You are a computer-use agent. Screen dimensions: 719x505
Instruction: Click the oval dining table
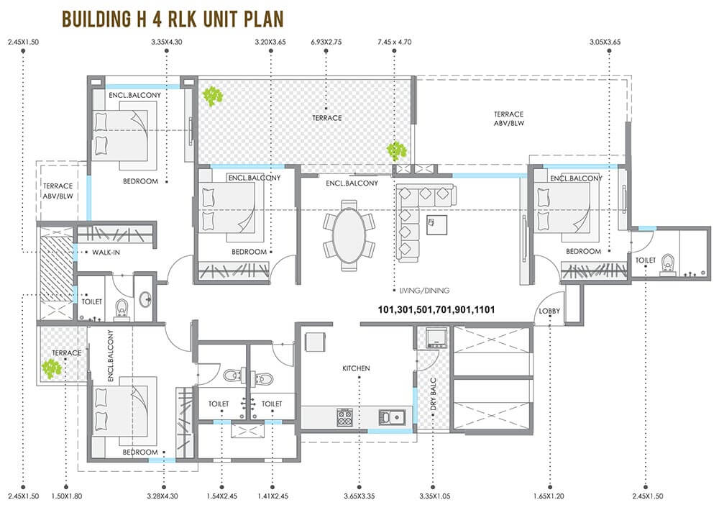click(349, 236)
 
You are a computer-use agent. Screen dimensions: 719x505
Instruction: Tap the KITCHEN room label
click(356, 368)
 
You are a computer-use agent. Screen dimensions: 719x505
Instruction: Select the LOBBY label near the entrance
click(549, 311)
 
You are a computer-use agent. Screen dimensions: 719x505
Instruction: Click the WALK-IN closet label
click(106, 252)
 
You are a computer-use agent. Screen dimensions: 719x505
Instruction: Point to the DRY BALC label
click(434, 394)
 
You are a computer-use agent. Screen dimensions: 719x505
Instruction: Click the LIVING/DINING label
click(424, 291)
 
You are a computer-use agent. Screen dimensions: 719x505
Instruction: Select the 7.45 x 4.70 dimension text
click(394, 42)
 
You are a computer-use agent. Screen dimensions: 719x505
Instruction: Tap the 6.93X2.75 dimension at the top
click(326, 42)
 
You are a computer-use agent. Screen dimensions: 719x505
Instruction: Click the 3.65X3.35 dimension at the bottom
click(359, 496)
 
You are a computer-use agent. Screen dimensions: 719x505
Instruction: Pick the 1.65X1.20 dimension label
click(549, 496)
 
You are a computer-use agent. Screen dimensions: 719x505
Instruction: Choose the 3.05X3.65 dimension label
click(605, 42)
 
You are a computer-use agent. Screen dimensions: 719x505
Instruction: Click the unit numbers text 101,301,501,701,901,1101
click(436, 309)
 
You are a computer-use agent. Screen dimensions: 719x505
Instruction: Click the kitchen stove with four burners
click(345, 417)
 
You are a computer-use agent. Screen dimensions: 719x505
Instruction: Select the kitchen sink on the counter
click(392, 417)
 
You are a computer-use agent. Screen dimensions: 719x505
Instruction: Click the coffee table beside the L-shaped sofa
click(436, 224)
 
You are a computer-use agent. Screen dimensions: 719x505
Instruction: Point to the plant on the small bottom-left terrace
click(51, 368)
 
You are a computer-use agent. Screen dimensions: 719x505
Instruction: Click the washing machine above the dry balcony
click(436, 337)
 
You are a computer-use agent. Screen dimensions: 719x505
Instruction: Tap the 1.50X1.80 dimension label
click(66, 496)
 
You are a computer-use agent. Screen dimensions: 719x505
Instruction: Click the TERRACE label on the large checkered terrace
click(327, 118)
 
